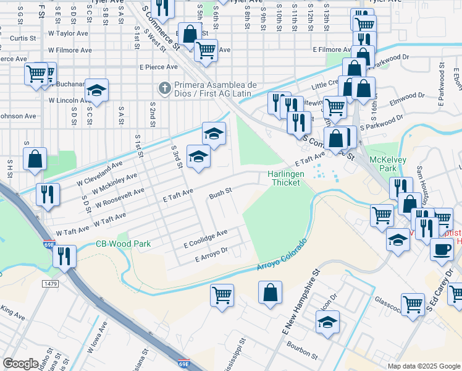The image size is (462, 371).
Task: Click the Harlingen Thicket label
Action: click(x=286, y=179)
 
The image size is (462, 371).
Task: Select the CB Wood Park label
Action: click(x=124, y=244)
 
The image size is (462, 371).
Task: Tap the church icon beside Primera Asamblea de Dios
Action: click(x=164, y=88)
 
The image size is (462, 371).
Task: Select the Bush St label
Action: click(x=220, y=192)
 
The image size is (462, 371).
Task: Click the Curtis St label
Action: click(x=22, y=38)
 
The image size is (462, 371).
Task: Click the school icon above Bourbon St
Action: click(x=327, y=322)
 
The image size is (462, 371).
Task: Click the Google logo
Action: click(x=21, y=364)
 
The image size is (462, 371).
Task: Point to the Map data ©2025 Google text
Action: click(x=423, y=366)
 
